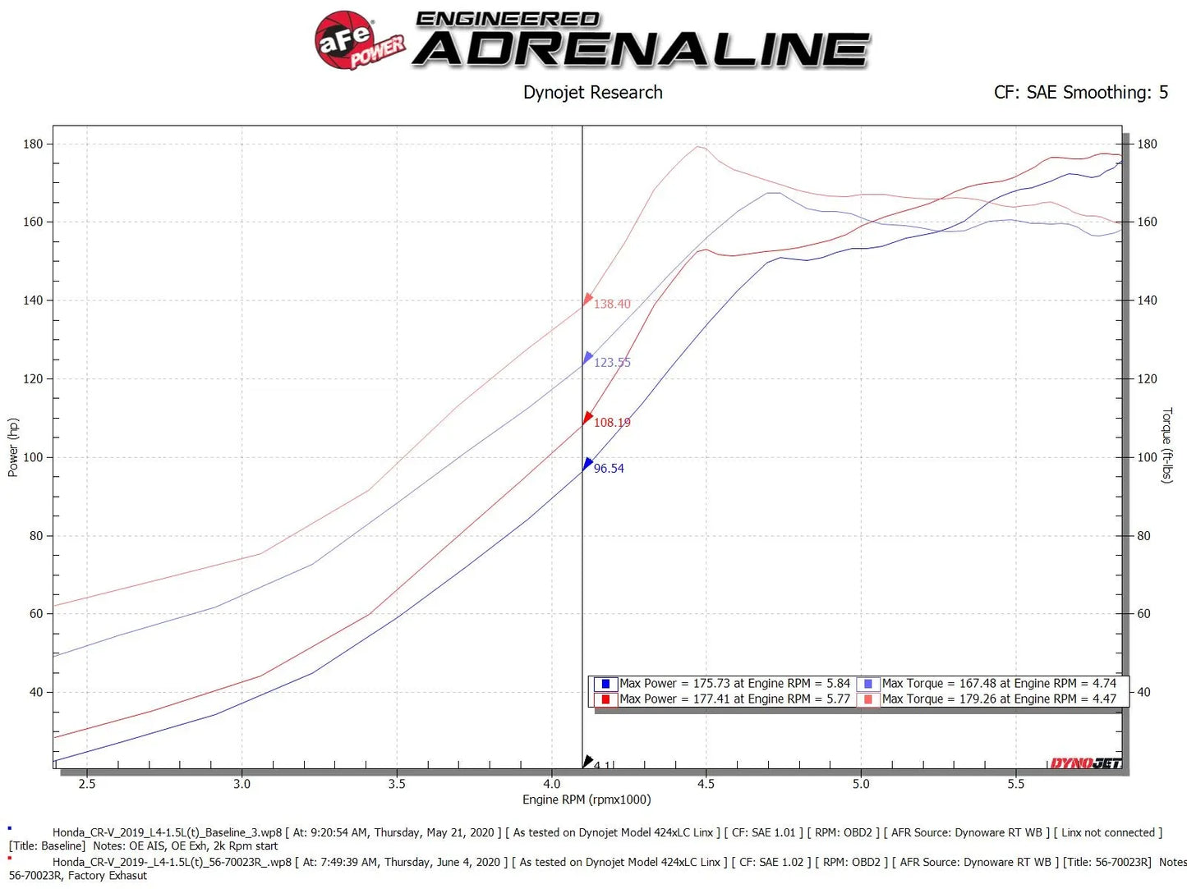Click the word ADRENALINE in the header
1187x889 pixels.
[x=641, y=49]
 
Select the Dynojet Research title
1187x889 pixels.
[x=592, y=93]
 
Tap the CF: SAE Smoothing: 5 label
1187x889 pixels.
[x=1080, y=93]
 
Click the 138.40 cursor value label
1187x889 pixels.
[x=612, y=304]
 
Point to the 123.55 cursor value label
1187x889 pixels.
[x=612, y=362]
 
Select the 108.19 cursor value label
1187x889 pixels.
[x=612, y=423]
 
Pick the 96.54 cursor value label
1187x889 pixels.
[x=609, y=469]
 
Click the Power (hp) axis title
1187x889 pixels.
[x=13, y=447]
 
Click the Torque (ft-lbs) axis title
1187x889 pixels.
[x=1166, y=445]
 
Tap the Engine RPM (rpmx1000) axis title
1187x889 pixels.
[x=587, y=800]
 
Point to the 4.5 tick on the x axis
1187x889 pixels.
[x=706, y=784]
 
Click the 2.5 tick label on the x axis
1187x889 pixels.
[x=86, y=784]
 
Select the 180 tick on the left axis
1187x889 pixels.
[x=33, y=144]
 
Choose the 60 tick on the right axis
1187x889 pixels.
[x=1143, y=613]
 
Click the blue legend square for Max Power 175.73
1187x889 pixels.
[x=605, y=684]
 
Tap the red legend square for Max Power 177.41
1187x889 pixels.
[x=605, y=699]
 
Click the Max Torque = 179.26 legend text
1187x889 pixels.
[x=999, y=699]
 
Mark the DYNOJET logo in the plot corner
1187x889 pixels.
[x=1085, y=763]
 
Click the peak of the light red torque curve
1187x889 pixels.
[x=698, y=147]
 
